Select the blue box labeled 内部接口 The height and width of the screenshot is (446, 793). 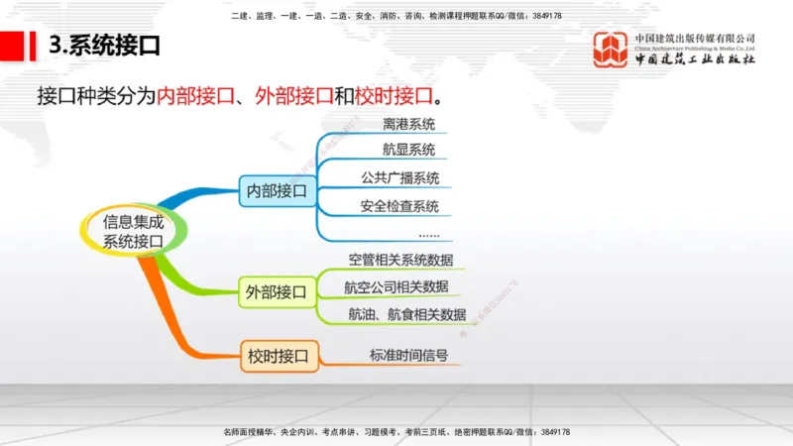278,189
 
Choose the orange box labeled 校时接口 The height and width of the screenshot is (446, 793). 278,355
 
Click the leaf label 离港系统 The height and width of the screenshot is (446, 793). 408,126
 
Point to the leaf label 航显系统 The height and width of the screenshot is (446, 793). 408,151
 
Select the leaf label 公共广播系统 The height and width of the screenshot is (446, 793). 400,178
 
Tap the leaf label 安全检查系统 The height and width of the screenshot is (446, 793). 400,206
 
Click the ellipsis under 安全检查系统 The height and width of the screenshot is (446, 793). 428,234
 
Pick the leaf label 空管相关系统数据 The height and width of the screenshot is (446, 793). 400,260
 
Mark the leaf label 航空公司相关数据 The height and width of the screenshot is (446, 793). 396,286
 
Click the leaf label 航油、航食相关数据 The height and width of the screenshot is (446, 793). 406,314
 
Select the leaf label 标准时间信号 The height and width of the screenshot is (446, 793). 408,355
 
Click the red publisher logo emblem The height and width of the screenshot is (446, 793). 610,50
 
